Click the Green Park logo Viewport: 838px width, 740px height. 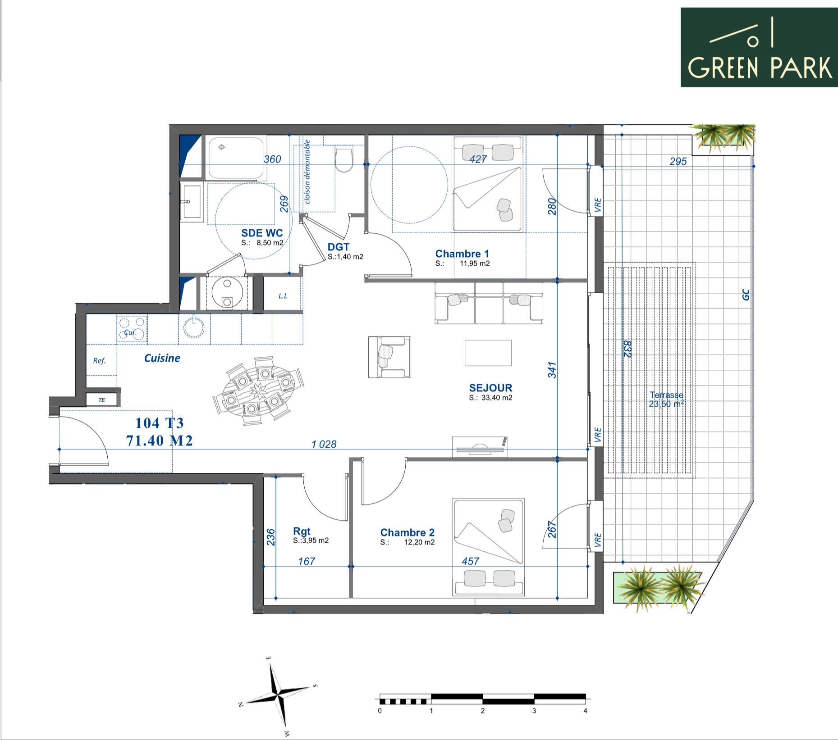759,47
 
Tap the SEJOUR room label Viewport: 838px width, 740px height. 490,388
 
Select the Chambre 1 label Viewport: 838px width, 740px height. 462,254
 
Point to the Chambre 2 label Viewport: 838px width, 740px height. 408,532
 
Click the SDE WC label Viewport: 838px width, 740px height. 262,233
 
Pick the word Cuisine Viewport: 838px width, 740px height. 162,358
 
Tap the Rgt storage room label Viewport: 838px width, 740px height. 302,531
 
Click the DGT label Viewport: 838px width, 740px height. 339,247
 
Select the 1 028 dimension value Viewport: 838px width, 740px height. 324,444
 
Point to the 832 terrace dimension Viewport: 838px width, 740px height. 627,349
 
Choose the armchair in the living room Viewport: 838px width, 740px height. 389,357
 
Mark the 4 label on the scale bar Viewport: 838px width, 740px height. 585,711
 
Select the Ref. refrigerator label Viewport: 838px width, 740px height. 99,360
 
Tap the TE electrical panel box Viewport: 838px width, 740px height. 102,400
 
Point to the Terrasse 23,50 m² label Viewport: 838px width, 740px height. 666,400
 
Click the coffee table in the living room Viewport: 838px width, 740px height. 488,353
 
